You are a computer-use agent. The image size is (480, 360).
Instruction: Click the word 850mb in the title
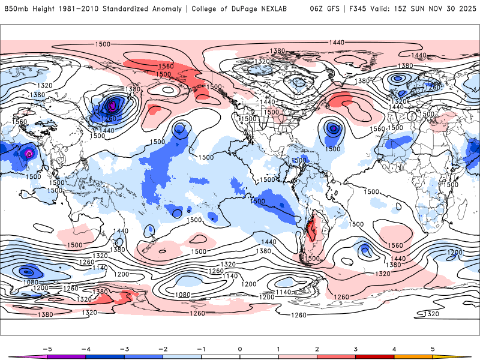(16, 9)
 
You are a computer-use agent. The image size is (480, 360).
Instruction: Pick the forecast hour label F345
(359, 9)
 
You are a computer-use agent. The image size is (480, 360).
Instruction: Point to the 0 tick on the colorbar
(239, 349)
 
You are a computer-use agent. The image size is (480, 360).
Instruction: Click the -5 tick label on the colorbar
(46, 349)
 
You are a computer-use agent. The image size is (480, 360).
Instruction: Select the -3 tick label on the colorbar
(124, 349)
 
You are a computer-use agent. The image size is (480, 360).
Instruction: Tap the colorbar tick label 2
(317, 349)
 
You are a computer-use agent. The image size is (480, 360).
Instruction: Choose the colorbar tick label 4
(394, 349)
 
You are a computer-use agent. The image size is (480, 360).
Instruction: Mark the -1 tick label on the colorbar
(201, 349)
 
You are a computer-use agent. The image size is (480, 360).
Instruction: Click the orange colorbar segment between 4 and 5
(413, 357)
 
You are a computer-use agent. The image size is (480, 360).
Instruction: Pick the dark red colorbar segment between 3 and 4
(375, 357)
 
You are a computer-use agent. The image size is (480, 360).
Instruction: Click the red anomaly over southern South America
(310, 230)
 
